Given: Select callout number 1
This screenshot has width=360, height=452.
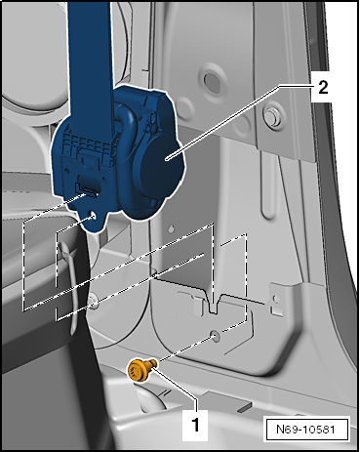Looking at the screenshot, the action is [x=195, y=425].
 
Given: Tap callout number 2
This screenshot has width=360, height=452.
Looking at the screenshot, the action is [x=323, y=88].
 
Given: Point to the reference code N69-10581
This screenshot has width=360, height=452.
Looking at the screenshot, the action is [x=305, y=429].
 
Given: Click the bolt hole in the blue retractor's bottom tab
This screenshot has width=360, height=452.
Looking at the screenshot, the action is [x=92, y=216].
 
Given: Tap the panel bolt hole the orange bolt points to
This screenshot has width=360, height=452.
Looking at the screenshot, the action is [x=215, y=335].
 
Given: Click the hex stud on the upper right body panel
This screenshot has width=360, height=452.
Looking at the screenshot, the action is [x=272, y=116].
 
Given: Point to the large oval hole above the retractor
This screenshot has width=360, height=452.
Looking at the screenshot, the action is [x=212, y=81].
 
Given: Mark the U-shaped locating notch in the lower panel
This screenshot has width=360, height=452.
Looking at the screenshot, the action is [x=214, y=305].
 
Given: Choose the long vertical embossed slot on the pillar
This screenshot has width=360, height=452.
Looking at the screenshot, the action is [x=267, y=185].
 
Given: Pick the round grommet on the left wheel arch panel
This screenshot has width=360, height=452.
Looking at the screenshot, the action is [x=94, y=301].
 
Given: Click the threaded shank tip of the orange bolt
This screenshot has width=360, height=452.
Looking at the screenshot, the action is [x=154, y=362].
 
